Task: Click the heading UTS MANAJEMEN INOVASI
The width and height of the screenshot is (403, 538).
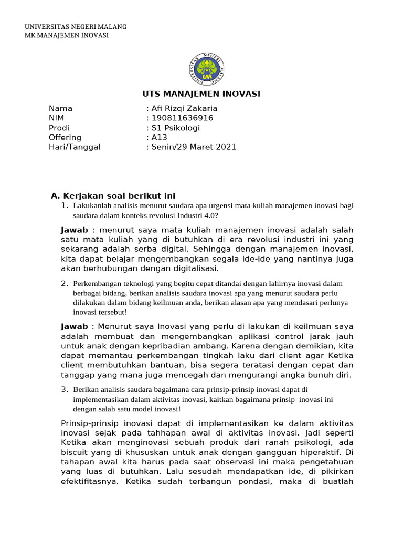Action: pos(201,94)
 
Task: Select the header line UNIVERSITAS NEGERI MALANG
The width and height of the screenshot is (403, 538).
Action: pos(76,27)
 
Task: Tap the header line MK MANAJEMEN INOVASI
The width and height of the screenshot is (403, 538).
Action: pos(67,35)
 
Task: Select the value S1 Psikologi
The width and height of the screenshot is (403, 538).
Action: pos(175,128)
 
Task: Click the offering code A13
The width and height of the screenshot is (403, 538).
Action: pos(158,138)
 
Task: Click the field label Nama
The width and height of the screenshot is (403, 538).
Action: pos(60,109)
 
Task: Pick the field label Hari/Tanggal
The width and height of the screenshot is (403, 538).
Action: pos(74,147)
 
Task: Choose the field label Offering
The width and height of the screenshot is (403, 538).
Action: pos(65,138)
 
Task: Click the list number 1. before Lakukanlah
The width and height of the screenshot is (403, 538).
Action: pos(65,205)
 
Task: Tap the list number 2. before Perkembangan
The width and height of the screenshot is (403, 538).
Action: pos(65,284)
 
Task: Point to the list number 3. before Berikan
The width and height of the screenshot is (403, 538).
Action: pos(65,389)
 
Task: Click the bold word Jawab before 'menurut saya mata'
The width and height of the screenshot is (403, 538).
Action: pos(75,230)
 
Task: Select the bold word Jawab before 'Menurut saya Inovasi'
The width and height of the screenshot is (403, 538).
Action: pos(75,327)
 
